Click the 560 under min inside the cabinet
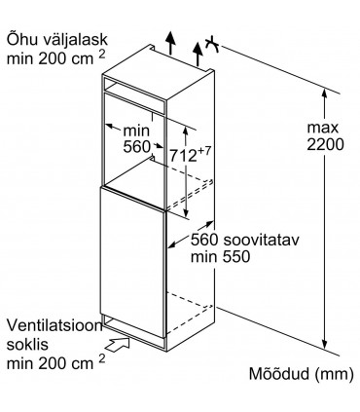point(136,148)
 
